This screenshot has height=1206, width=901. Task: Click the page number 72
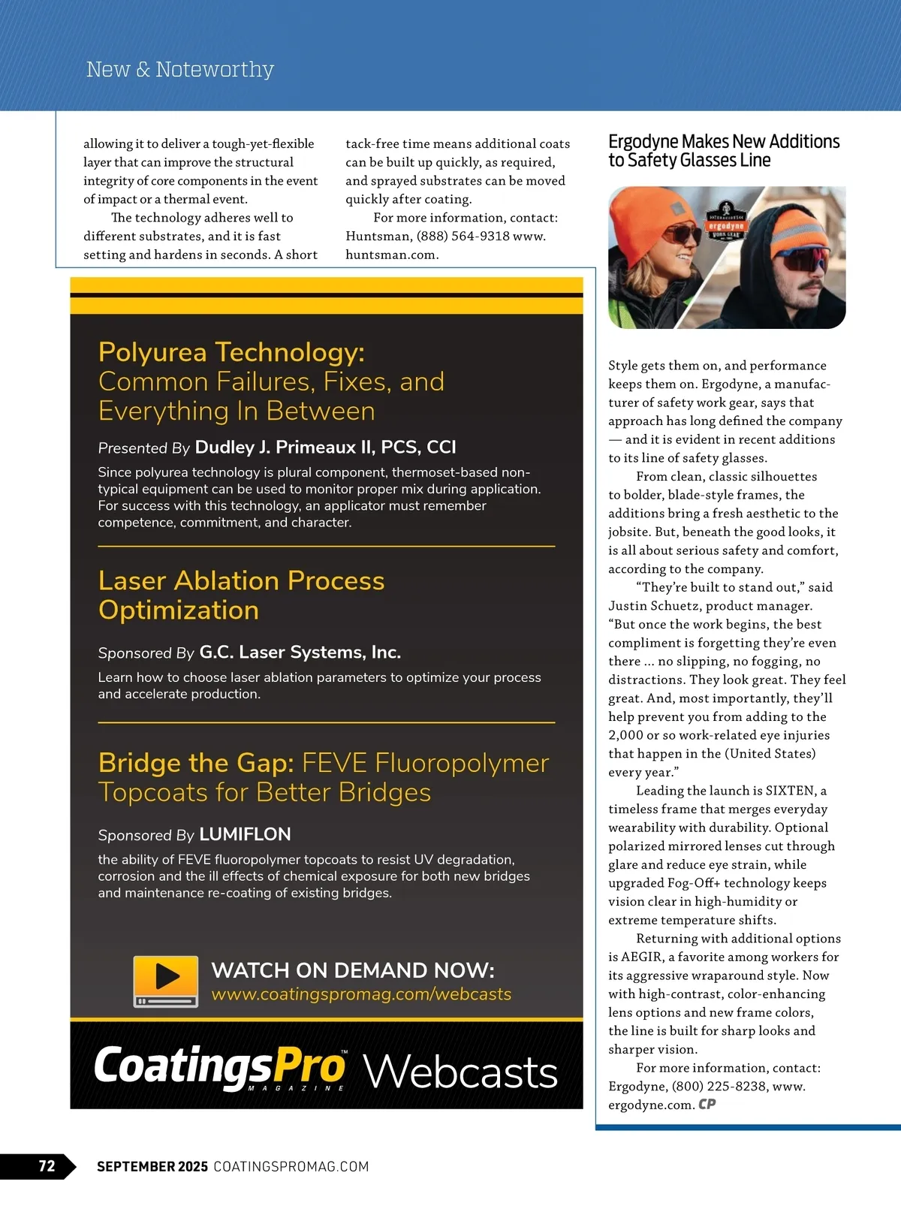pyautogui.click(x=47, y=1165)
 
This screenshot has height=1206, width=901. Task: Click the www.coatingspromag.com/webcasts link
pyautogui.click(x=361, y=994)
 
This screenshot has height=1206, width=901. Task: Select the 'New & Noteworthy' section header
pyautogui.click(x=180, y=69)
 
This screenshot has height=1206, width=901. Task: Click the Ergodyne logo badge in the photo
pyautogui.click(x=725, y=221)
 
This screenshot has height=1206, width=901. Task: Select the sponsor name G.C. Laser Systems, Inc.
pyautogui.click(x=300, y=653)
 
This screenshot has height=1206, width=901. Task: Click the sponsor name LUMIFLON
pyautogui.click(x=245, y=834)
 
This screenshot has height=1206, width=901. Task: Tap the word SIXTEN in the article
pyautogui.click(x=790, y=791)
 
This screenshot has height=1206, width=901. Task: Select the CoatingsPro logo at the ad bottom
pyautogui.click(x=220, y=1066)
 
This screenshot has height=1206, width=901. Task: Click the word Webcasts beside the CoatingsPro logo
pyautogui.click(x=460, y=1071)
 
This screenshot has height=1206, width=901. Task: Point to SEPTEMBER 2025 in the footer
pyautogui.click(x=152, y=1166)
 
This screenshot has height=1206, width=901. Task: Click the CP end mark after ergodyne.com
pyautogui.click(x=707, y=1104)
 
